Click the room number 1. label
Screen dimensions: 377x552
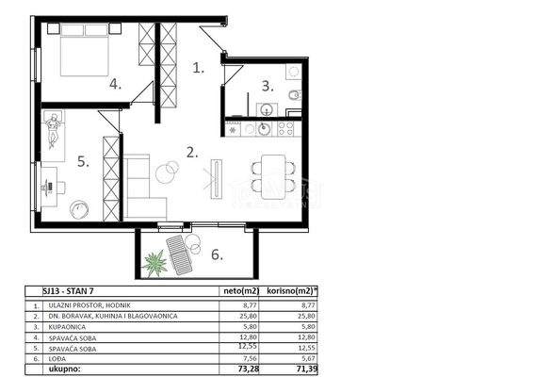pos(198,68)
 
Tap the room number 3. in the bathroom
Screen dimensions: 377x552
pos(268,86)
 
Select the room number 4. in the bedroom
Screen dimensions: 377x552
pos(115,84)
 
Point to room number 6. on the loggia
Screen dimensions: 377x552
pos(216,254)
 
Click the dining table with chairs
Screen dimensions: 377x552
pos(272,170)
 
